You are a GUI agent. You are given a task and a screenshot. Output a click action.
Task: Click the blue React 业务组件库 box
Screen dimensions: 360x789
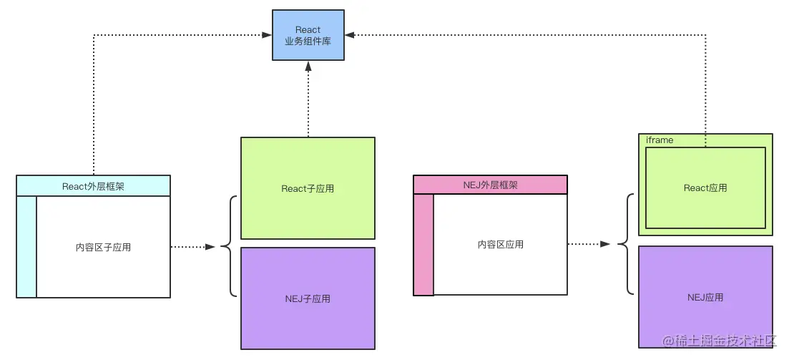click(308, 35)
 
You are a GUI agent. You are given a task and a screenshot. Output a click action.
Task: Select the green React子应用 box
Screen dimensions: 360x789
click(308, 188)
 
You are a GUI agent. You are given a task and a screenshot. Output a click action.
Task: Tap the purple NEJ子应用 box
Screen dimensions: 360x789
click(308, 298)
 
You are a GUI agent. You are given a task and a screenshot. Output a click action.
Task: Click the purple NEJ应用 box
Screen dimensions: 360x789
click(705, 296)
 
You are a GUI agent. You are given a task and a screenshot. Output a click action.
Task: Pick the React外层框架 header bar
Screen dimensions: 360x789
click(94, 186)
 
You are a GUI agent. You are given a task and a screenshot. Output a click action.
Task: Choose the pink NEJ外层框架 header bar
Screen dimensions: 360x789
click(490, 185)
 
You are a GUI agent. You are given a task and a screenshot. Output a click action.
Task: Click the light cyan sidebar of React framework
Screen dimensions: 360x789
click(26, 246)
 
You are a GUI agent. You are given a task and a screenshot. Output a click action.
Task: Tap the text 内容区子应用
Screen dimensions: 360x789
click(103, 247)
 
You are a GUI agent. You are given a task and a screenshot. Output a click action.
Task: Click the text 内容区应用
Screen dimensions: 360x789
click(500, 244)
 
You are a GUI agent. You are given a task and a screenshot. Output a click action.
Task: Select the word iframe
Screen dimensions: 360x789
click(660, 140)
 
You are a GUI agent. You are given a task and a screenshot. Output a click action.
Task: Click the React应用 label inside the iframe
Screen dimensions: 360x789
click(705, 188)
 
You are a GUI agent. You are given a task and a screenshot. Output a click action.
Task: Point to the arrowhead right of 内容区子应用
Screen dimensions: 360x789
click(210, 247)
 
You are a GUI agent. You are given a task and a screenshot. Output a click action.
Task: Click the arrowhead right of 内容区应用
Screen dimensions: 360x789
click(605, 244)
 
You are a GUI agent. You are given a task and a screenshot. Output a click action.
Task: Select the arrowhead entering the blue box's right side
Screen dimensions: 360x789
click(350, 34)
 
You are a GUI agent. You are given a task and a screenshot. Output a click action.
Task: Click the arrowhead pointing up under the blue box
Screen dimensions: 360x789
click(308, 66)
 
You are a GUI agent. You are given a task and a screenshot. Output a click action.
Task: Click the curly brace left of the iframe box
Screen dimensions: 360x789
click(624, 244)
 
